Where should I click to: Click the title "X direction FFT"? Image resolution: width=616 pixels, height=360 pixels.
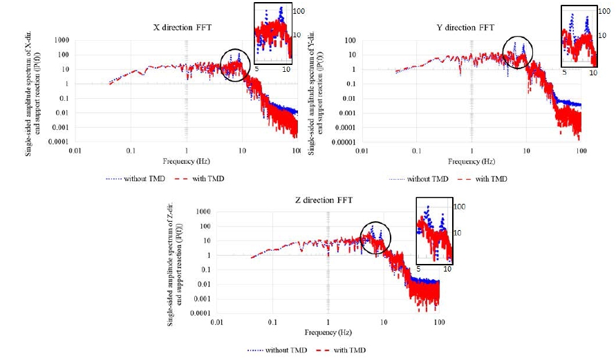[183, 28]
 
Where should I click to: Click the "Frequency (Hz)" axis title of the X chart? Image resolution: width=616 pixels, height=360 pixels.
[186, 162]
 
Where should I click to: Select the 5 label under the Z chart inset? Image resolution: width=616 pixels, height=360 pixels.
[418, 269]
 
